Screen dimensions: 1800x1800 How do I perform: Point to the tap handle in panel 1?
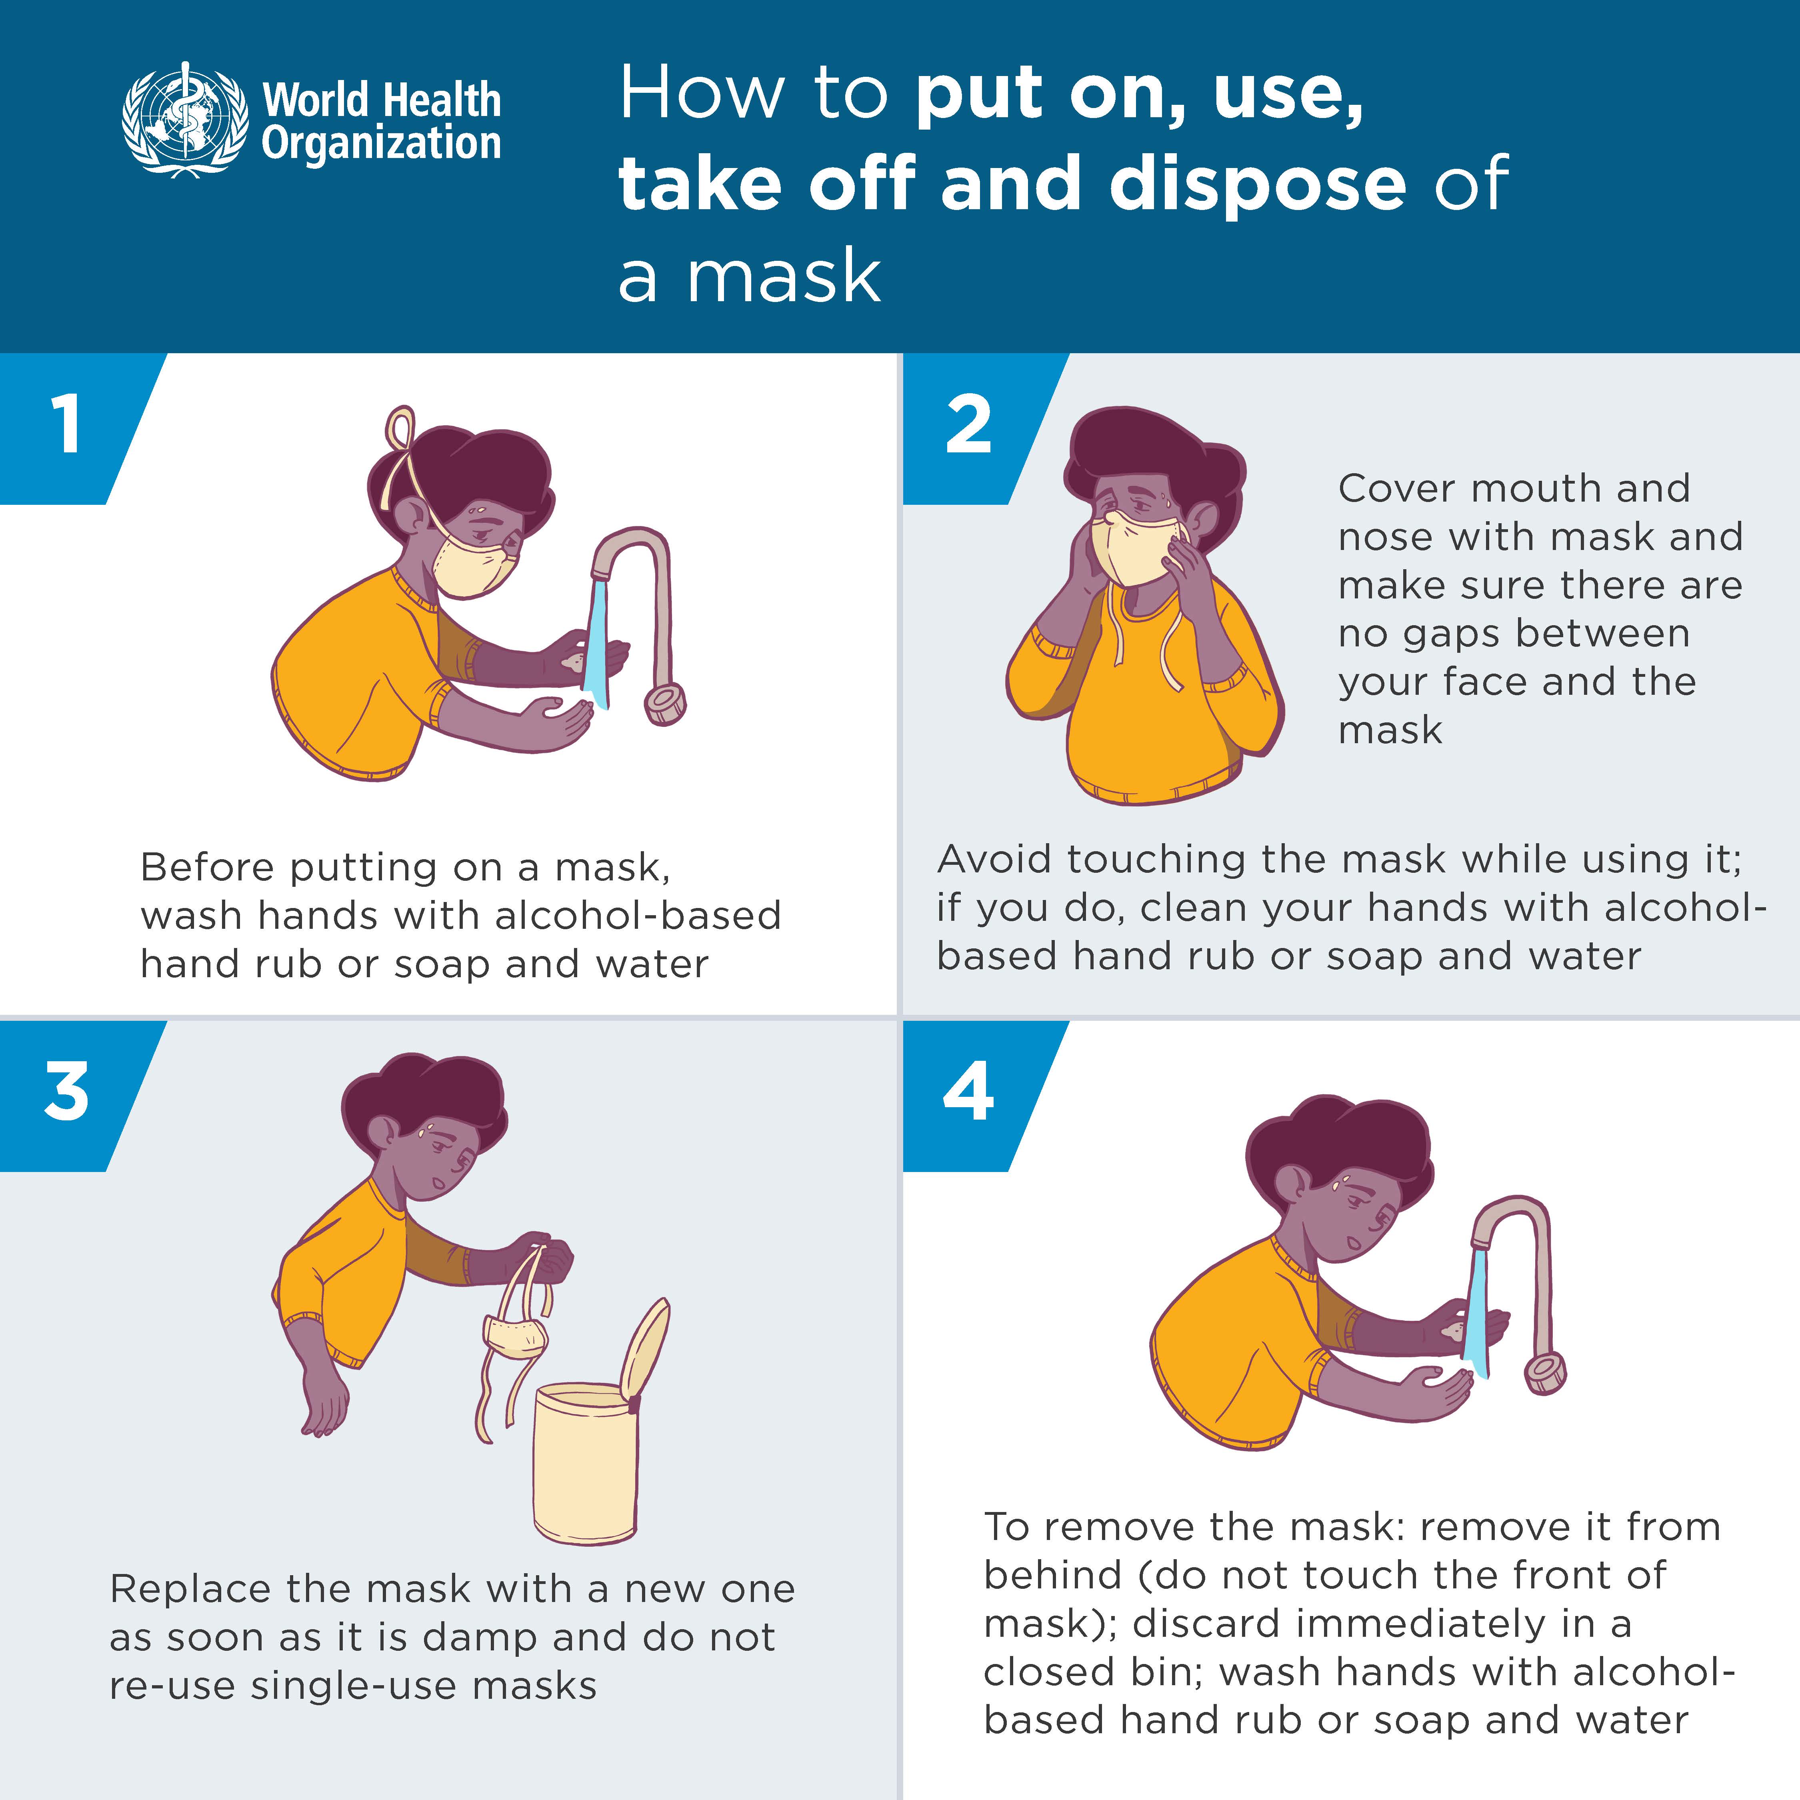(665, 705)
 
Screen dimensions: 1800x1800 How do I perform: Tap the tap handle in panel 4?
(1546, 1373)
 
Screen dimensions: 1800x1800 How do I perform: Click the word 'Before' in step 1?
(207, 867)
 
